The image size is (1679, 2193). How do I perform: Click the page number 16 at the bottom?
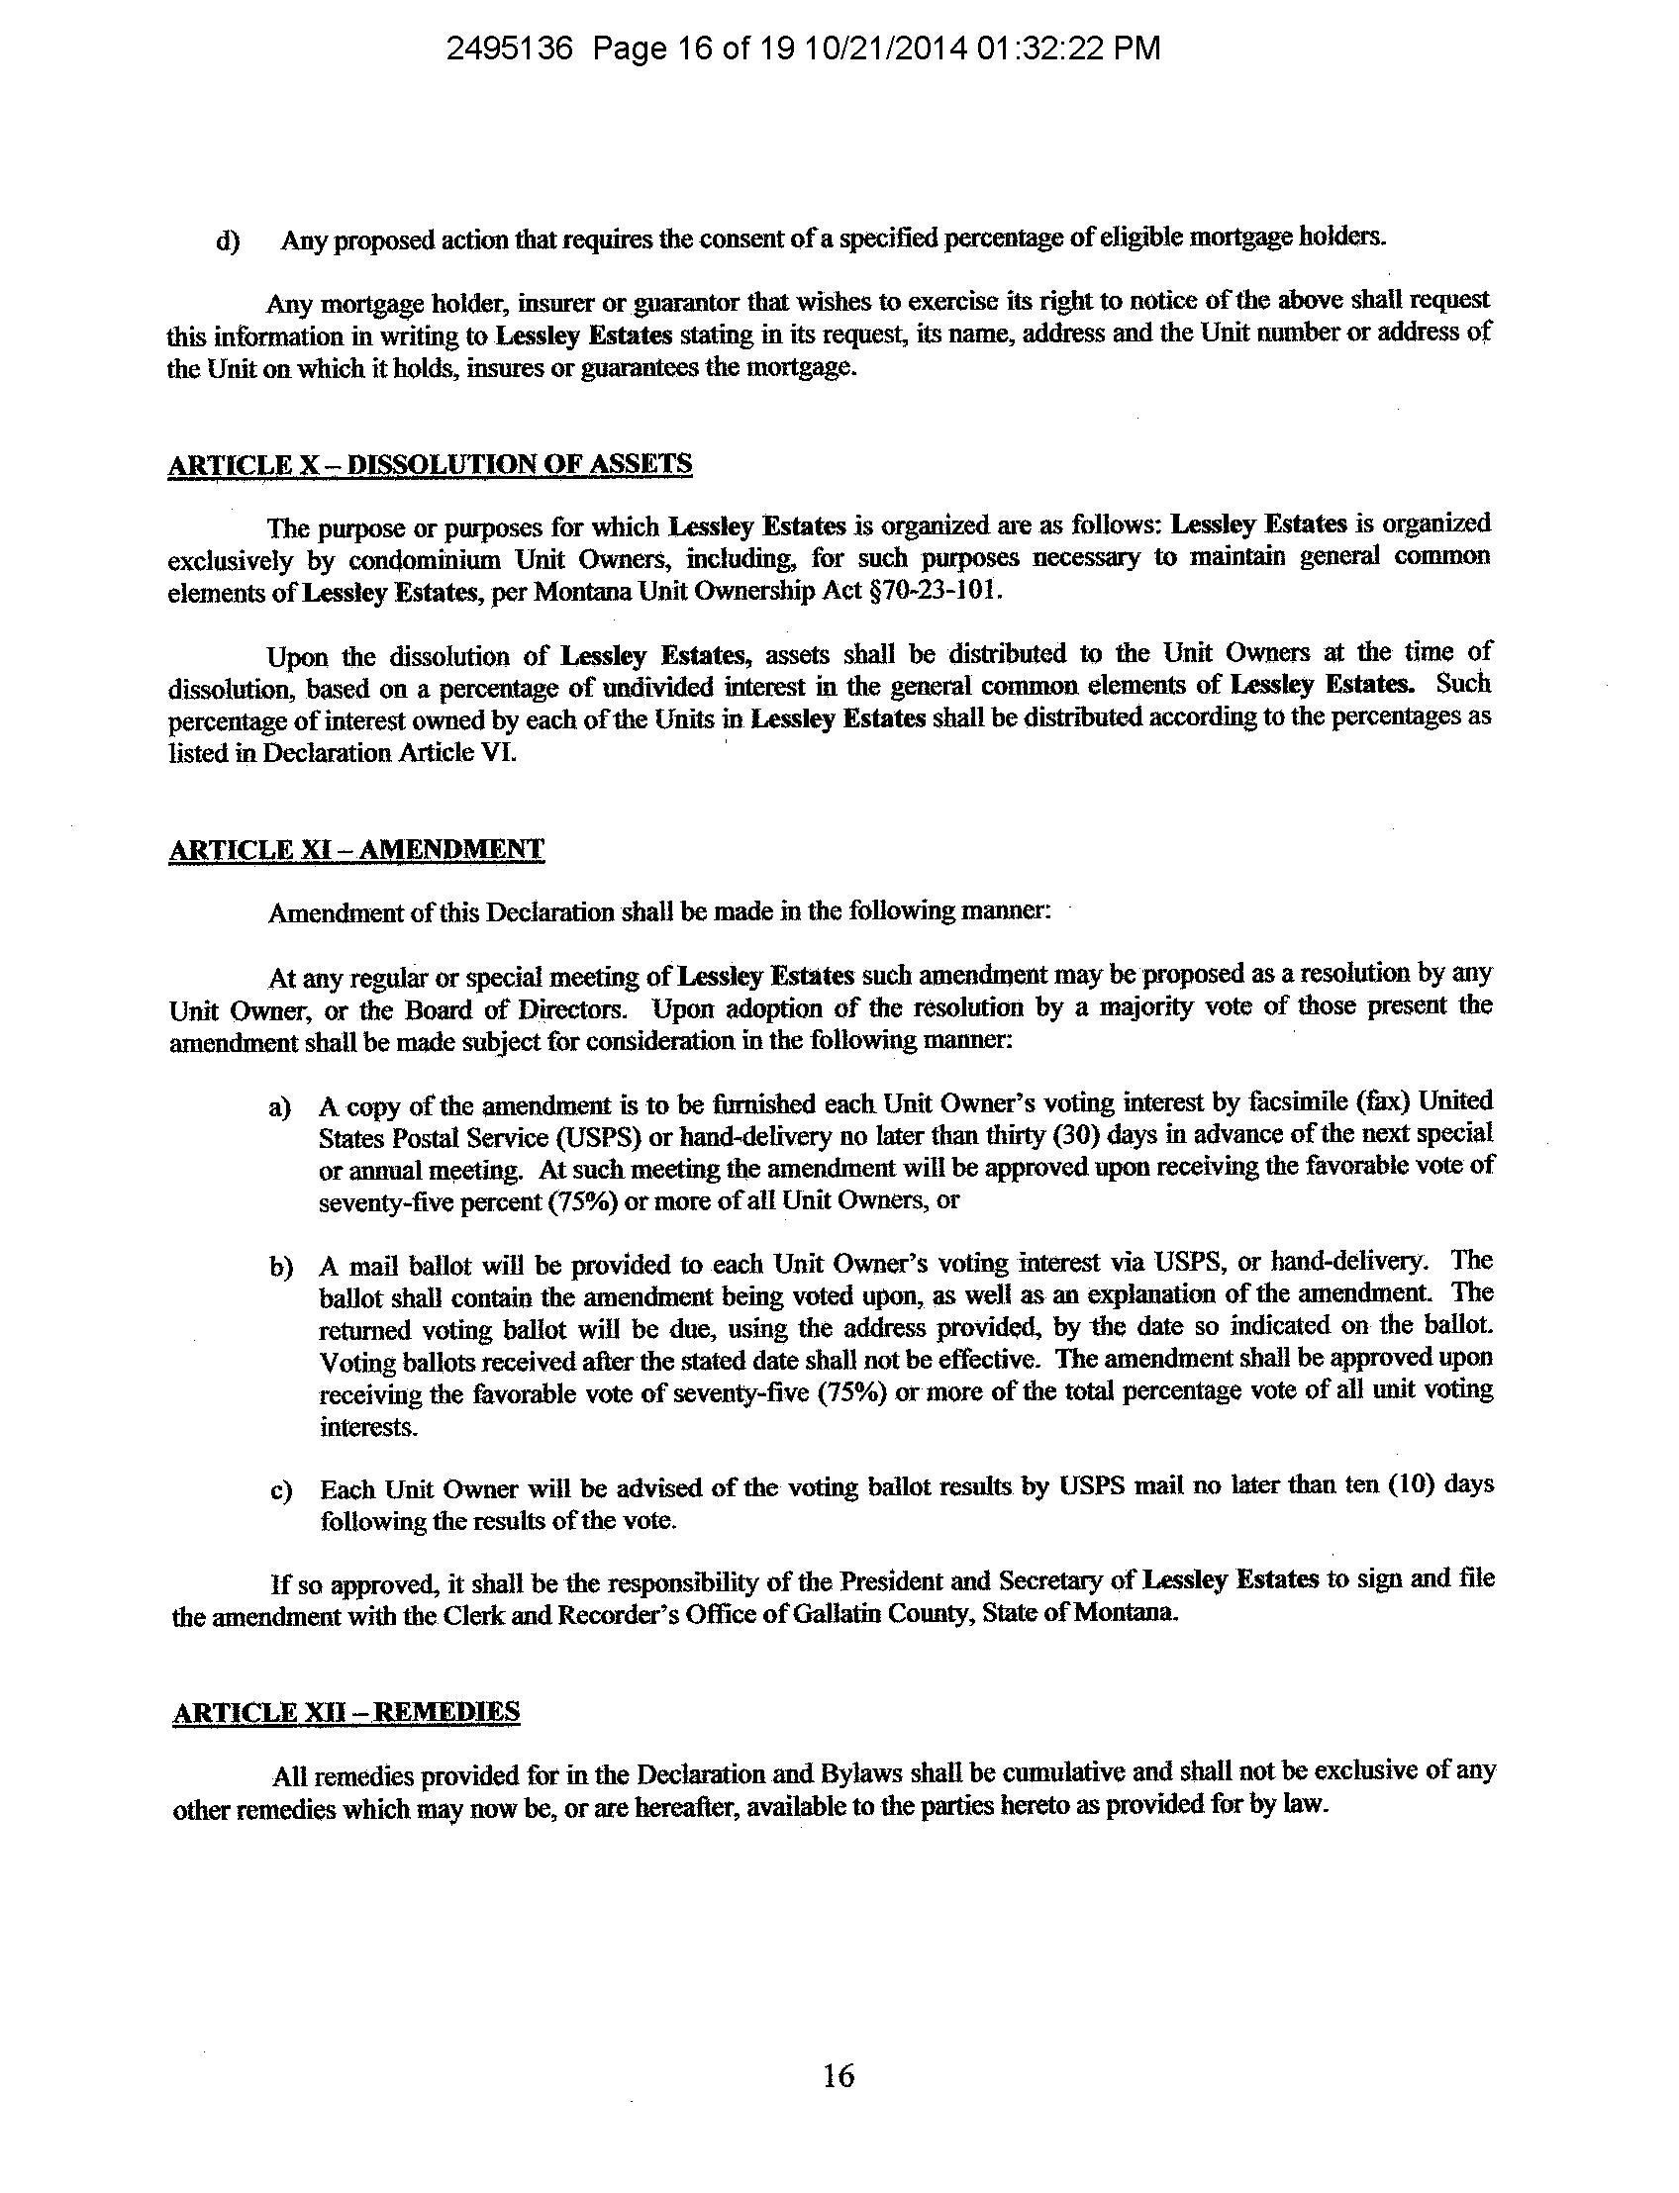(839, 2076)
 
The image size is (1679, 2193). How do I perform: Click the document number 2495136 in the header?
(509, 48)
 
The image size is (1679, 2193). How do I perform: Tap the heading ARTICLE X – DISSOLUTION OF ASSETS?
(430, 464)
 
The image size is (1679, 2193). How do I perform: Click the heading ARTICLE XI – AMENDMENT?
(356, 849)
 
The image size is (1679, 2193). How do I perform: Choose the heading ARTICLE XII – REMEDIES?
(346, 1711)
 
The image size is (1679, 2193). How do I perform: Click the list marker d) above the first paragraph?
(228, 241)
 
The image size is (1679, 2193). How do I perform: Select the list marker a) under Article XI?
(280, 1108)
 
